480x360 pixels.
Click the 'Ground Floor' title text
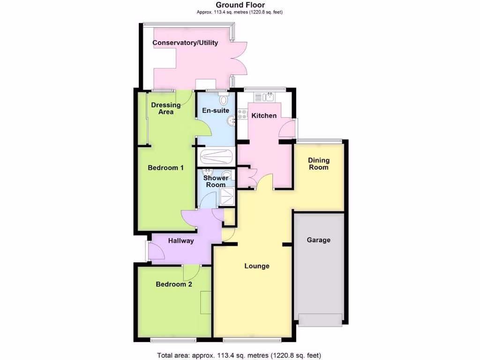click(x=240, y=5)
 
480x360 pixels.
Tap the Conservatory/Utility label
click(x=186, y=43)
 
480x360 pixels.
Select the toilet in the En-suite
click(x=224, y=100)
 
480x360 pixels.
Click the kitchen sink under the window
click(x=265, y=97)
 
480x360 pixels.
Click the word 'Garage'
click(x=319, y=240)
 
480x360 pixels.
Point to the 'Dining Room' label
click(x=318, y=164)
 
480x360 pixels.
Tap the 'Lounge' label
click(x=257, y=266)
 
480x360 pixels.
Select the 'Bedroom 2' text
click(x=174, y=284)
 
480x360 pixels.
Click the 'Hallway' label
click(x=181, y=241)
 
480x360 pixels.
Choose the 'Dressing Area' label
click(x=166, y=108)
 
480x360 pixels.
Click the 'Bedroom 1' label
click(x=165, y=167)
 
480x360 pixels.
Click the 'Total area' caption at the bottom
click(x=240, y=355)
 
